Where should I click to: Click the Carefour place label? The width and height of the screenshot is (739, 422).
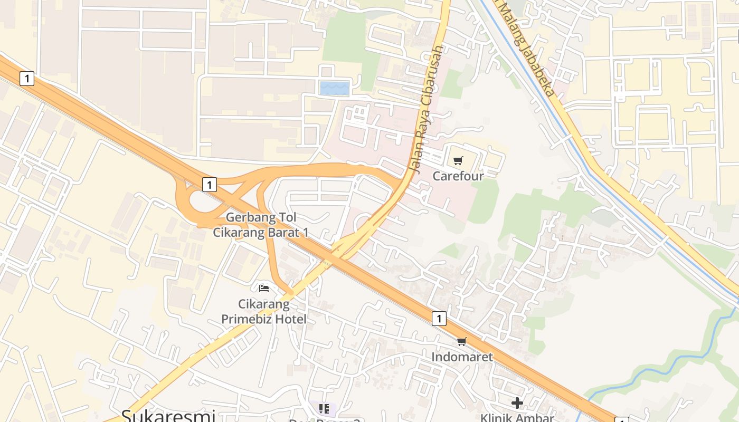click(458, 176)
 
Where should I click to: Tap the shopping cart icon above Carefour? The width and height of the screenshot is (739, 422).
click(458, 160)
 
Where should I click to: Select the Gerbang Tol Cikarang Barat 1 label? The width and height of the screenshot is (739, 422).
click(261, 225)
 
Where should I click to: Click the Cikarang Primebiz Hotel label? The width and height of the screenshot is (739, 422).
click(263, 311)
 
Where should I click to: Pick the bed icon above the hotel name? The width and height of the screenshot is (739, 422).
click(264, 288)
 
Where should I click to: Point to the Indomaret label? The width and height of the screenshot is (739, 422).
click(462, 357)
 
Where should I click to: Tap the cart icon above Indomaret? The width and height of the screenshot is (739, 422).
click(462, 341)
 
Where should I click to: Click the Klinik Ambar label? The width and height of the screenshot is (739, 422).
click(517, 417)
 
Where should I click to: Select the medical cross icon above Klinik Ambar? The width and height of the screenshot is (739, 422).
click(517, 403)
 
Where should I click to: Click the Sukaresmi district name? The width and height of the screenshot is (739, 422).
click(168, 415)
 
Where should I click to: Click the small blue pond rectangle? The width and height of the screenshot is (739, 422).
click(335, 88)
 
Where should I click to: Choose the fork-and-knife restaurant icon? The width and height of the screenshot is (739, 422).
click(324, 408)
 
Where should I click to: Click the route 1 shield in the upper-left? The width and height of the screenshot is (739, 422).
click(26, 79)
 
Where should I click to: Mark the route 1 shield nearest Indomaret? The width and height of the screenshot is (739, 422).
click(439, 318)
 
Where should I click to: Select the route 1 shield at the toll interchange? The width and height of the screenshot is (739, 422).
click(210, 185)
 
